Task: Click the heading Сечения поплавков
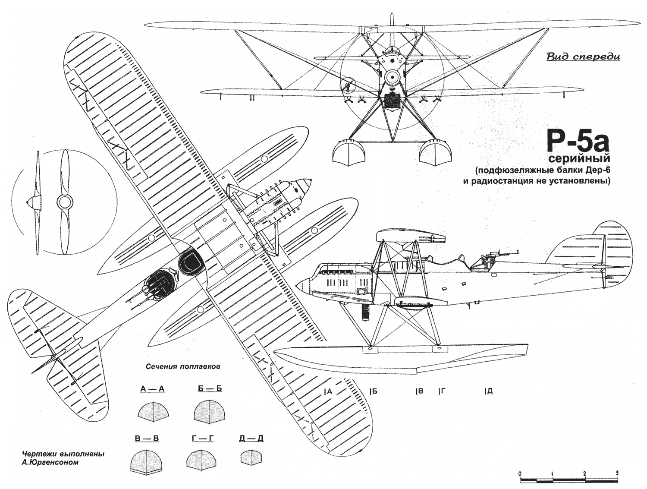click(183, 366)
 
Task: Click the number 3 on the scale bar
click(617, 472)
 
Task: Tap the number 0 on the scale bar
click(520, 473)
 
